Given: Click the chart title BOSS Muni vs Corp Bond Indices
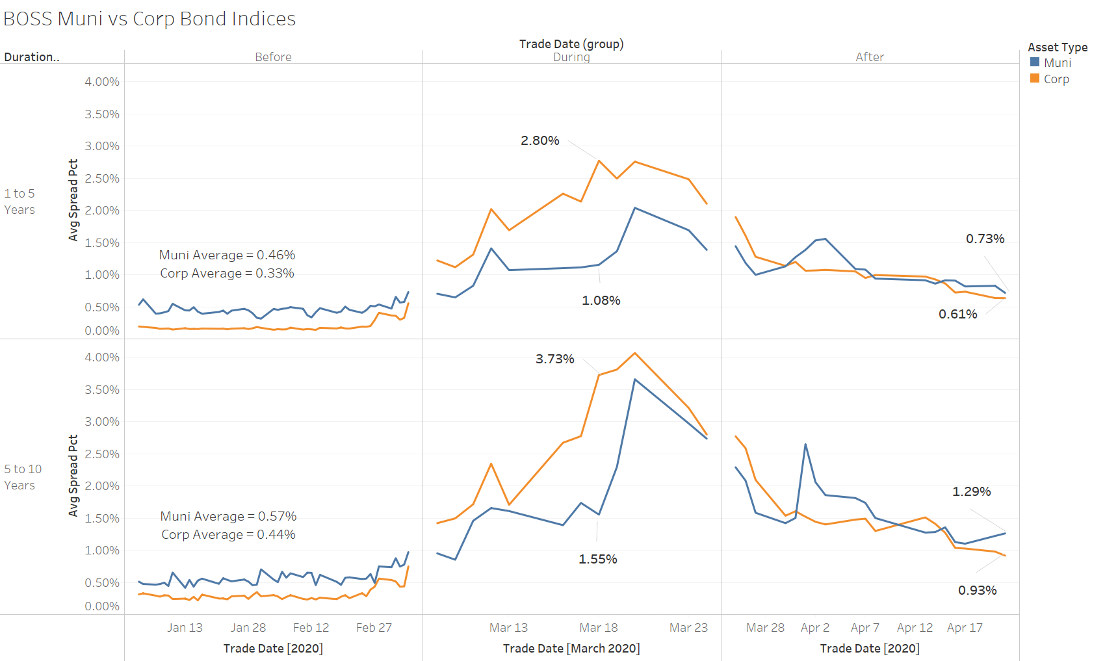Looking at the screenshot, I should coord(149,19).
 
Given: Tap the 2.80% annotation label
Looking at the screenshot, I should coord(539,140).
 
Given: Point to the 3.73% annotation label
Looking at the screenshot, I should coord(554,359).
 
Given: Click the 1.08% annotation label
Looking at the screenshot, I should coord(601,300).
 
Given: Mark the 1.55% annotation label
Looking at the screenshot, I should coord(597,559).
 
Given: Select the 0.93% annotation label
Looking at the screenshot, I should coord(977,590).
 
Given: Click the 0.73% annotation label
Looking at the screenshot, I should coord(985,239).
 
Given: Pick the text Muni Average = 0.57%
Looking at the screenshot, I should coord(228,516).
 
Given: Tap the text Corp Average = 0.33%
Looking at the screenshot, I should coord(227,273).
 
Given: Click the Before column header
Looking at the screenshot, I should coord(273,57).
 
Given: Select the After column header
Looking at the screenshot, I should coord(869,57).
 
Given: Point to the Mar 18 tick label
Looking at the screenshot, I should coord(598,628).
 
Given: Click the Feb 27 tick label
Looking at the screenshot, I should coord(374,628).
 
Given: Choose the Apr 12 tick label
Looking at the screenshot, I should coord(915,628).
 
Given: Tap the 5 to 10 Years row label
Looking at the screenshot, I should coord(23,477).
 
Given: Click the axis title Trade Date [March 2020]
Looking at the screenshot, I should coord(571,649).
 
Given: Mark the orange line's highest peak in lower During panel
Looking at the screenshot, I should coord(634,353).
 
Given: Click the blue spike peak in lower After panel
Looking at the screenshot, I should coord(805,445).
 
